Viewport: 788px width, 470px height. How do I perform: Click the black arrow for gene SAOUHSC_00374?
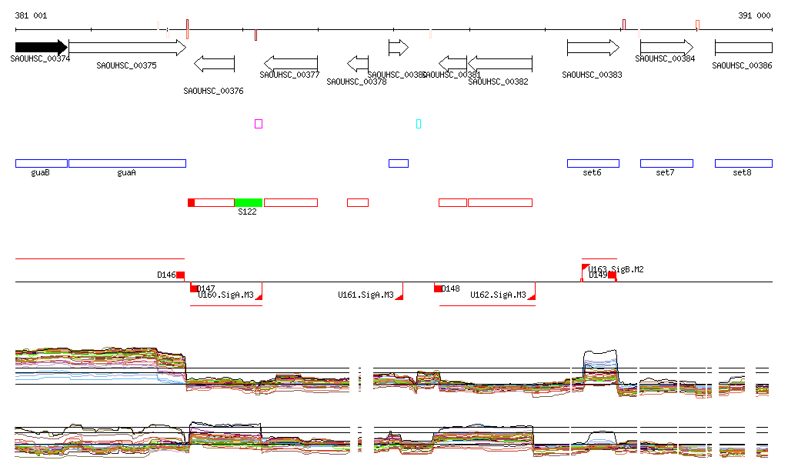[x=41, y=48]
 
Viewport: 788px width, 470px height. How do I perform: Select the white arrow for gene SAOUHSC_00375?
[x=127, y=48]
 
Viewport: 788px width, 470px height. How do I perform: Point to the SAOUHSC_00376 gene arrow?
[x=214, y=63]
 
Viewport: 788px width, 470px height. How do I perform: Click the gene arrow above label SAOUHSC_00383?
[x=593, y=48]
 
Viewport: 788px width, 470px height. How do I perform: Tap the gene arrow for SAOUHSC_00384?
[x=666, y=48]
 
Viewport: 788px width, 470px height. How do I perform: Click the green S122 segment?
[x=249, y=202]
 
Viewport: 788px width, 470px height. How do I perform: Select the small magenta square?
[x=259, y=124]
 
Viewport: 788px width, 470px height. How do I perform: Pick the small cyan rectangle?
[x=419, y=124]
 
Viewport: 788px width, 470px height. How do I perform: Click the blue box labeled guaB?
[x=42, y=163]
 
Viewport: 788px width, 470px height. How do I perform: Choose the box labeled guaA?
[x=127, y=163]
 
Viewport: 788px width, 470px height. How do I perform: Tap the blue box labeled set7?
[x=666, y=163]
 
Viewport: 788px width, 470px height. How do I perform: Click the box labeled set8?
[x=743, y=163]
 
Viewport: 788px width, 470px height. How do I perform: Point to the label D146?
[x=166, y=275]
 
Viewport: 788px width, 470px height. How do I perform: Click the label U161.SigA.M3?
[x=366, y=295]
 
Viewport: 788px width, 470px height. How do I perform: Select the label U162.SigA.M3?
[x=498, y=295]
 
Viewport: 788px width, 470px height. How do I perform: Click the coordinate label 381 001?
[x=31, y=15]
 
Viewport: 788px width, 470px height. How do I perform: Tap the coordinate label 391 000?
[x=754, y=15]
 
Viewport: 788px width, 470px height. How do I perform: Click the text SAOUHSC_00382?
[x=498, y=82]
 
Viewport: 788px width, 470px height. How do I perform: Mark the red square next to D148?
[x=438, y=288]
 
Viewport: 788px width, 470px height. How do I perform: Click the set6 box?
[x=593, y=163]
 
